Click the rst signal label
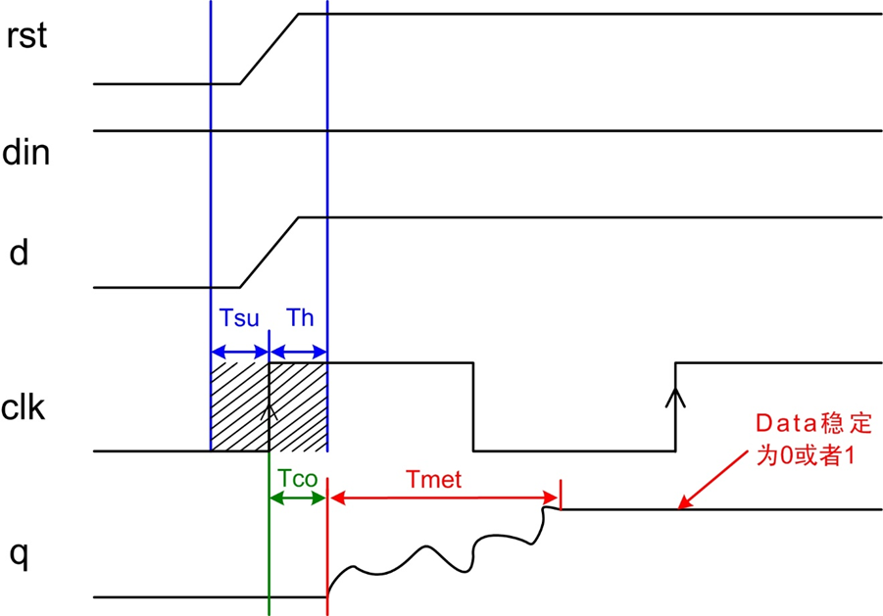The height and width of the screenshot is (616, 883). (x=26, y=36)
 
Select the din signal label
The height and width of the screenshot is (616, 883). (x=25, y=153)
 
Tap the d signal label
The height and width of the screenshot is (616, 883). (x=19, y=253)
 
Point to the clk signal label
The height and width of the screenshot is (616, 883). (x=24, y=407)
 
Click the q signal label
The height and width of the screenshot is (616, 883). (x=19, y=556)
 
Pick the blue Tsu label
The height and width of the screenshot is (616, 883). (x=239, y=318)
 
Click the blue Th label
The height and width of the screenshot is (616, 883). (x=300, y=318)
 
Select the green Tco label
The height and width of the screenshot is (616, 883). (x=298, y=479)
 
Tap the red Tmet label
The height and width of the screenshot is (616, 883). (x=433, y=479)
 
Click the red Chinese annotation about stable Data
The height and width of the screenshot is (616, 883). (x=813, y=439)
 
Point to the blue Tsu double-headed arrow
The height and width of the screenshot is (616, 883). (x=240, y=353)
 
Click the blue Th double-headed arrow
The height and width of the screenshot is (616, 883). (x=299, y=353)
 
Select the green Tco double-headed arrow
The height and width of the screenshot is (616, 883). (x=298, y=498)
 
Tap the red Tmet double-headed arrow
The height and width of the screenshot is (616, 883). (x=444, y=498)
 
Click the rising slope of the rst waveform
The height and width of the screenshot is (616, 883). (x=270, y=49)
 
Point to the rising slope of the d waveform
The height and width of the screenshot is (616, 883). (x=270, y=253)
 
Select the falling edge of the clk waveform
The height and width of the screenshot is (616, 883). (x=473, y=406)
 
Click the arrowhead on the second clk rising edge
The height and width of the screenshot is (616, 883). (x=675, y=398)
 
